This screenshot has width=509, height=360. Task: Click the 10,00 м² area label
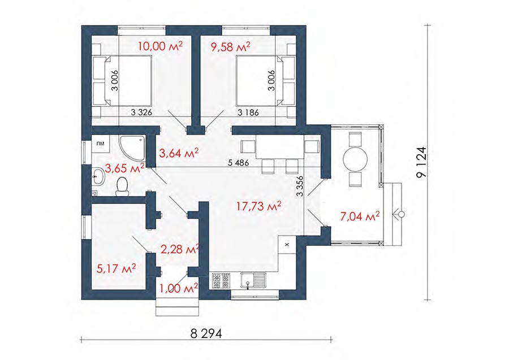pyautogui.click(x=160, y=46)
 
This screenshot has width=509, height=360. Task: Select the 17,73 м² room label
pyautogui.click(x=258, y=206)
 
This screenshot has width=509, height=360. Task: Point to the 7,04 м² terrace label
pyautogui.click(x=360, y=216)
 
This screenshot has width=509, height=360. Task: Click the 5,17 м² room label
pyautogui.click(x=116, y=268)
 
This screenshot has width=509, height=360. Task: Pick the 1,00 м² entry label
pyautogui.click(x=179, y=288)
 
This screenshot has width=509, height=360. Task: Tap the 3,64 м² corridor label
pyautogui.click(x=179, y=153)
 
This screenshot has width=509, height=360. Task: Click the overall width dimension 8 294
pyautogui.click(x=206, y=333)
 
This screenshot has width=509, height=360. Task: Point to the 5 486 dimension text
pyautogui.click(x=238, y=163)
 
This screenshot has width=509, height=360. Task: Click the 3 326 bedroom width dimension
pyautogui.click(x=141, y=112)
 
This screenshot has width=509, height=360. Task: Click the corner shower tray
pyautogui.click(x=131, y=148)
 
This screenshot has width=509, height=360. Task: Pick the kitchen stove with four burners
pyautogui.click(x=221, y=281)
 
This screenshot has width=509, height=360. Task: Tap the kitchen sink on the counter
pyautogui.click(x=253, y=281)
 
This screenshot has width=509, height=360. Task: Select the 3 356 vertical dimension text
pyautogui.click(x=300, y=186)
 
